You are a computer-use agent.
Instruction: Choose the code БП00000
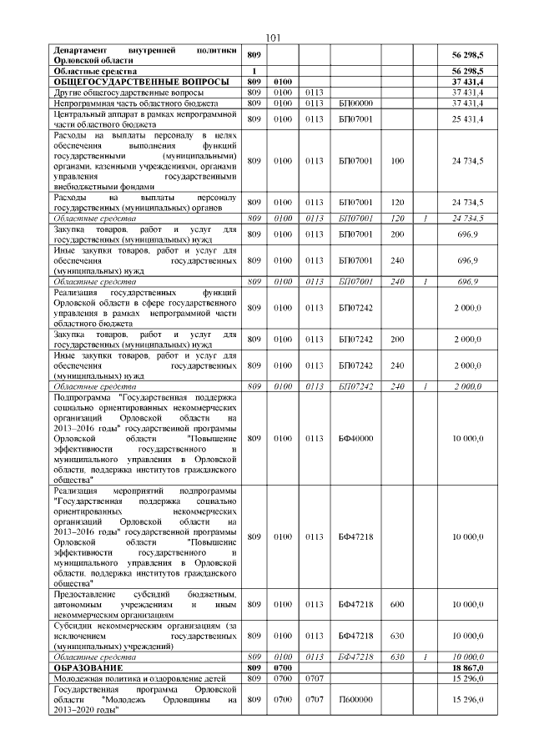(355, 103)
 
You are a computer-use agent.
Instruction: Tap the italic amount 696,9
(469, 282)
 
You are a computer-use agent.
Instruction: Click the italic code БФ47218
(355, 657)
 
